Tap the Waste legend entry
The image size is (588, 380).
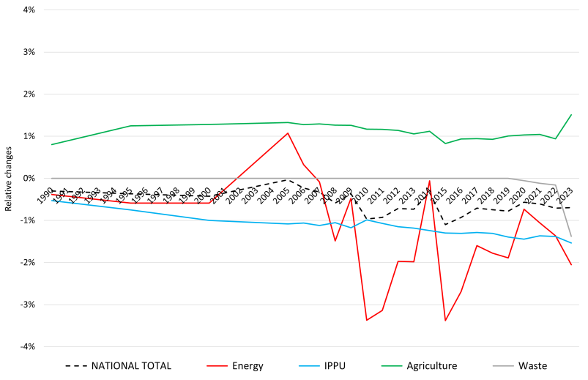(532, 366)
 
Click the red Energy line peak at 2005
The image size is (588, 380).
(288, 133)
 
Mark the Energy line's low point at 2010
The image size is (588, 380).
(366, 320)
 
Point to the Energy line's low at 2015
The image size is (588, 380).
(445, 321)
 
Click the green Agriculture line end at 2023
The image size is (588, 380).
(571, 114)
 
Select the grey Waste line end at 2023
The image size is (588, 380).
(571, 236)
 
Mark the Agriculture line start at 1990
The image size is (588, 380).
(52, 144)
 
